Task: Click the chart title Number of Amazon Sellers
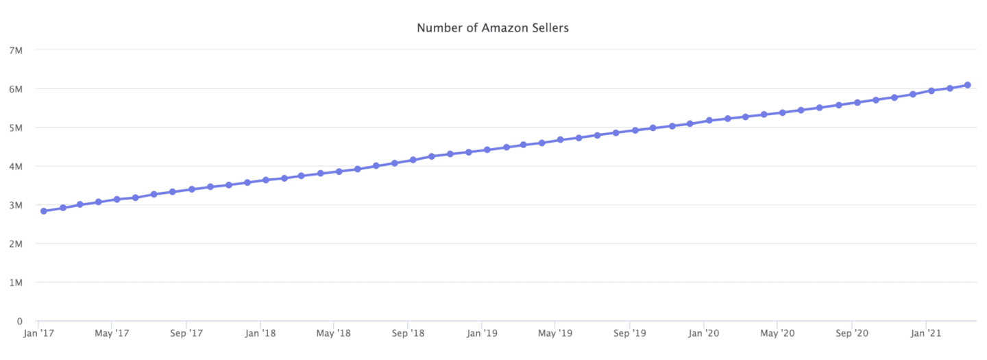[x=492, y=28]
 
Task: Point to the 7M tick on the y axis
[x=16, y=50]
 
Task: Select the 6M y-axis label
[x=16, y=89]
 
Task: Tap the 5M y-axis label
[x=16, y=128]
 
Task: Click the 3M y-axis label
[x=16, y=205]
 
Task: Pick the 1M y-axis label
[x=16, y=283]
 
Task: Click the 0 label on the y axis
[x=20, y=321]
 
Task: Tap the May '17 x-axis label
[x=112, y=333]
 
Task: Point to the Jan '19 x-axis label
[x=482, y=333]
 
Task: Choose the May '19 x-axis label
[x=556, y=333]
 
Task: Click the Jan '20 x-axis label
[x=704, y=333]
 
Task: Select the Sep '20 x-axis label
[x=852, y=333]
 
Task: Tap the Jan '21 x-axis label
[x=926, y=333]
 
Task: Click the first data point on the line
[x=44, y=211]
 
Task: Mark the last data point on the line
[x=967, y=85]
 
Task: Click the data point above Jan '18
[x=266, y=180]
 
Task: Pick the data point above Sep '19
[x=635, y=130]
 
